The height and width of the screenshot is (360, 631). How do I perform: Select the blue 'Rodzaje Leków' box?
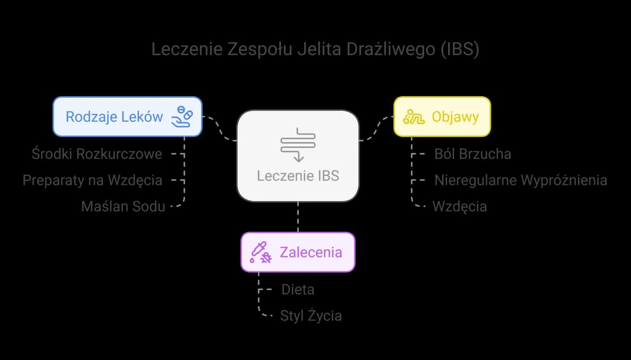coord(127,116)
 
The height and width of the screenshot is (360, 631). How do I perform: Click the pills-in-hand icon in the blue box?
coord(181,117)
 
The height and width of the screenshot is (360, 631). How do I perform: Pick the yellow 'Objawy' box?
coord(442,116)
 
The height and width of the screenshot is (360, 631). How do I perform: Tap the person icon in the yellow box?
coord(414,117)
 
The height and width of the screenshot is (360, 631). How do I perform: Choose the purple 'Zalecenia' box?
coord(298,252)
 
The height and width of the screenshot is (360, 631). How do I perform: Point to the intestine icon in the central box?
coord(298,144)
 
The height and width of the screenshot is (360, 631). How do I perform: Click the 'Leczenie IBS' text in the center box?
coord(298,176)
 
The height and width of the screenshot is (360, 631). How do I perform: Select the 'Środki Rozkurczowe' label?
coord(97,154)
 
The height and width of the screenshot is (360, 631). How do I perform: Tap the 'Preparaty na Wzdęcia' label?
coord(92,180)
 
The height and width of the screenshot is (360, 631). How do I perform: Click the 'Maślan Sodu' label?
coord(123,206)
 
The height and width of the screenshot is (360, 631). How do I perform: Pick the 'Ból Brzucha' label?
coord(472,154)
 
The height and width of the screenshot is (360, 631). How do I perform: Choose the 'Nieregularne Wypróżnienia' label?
coord(520,180)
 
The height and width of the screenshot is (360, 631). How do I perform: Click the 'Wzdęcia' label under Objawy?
coord(459,206)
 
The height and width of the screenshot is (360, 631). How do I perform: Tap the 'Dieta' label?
coord(298,289)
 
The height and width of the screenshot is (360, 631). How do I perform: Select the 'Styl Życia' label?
coord(311,316)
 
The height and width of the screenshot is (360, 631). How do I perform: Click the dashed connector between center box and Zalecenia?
coord(298,217)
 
